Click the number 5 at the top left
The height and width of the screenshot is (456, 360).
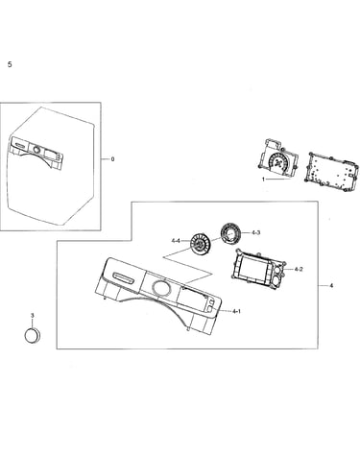click(x=10, y=64)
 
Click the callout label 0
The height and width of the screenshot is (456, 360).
click(x=112, y=159)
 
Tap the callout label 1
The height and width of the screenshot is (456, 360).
click(x=263, y=180)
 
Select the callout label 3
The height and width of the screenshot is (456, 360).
click(x=32, y=316)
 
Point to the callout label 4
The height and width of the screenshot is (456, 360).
click(x=331, y=285)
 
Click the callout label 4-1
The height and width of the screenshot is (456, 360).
click(x=236, y=311)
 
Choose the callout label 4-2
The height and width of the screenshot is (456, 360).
click(x=299, y=270)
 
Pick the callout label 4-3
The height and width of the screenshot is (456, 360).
click(x=255, y=232)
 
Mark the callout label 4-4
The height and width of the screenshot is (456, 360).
click(x=176, y=241)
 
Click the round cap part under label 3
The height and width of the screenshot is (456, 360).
click(x=33, y=336)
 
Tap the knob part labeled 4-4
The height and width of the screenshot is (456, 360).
click(x=200, y=245)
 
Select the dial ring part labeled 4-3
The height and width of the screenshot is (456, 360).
click(x=230, y=233)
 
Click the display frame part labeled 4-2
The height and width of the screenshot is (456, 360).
click(x=258, y=267)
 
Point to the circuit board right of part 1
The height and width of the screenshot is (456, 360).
click(x=329, y=171)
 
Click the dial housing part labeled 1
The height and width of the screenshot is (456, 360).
click(x=278, y=159)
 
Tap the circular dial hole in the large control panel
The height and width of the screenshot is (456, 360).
click(x=161, y=287)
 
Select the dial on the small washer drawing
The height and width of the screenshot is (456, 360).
click(x=36, y=150)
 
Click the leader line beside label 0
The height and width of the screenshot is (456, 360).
click(x=105, y=159)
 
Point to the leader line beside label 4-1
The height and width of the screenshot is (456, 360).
click(x=225, y=311)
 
